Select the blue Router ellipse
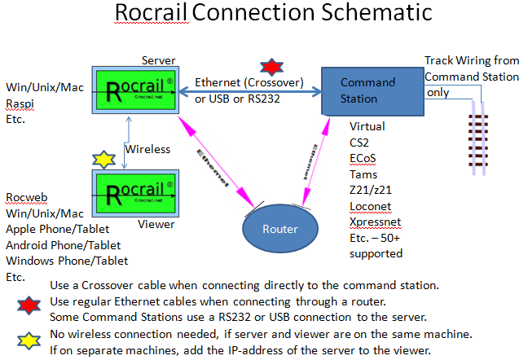[x=279, y=228]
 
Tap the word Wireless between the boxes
[x=147, y=149]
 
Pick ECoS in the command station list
[x=363, y=158]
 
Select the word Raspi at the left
[x=20, y=104]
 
